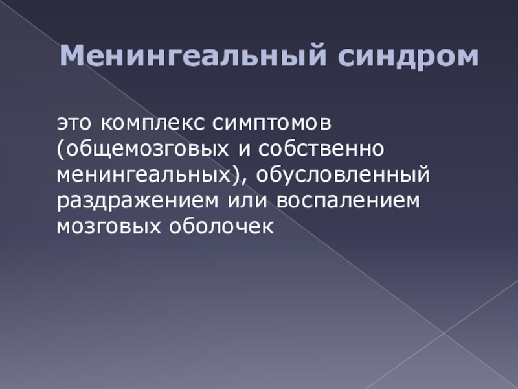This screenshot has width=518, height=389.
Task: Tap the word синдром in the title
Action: (x=408, y=57)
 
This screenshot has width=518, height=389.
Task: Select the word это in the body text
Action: (x=74, y=123)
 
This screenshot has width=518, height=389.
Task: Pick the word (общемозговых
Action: (x=142, y=150)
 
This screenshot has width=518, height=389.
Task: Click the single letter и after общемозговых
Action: (x=243, y=150)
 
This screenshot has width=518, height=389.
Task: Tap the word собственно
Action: (x=321, y=149)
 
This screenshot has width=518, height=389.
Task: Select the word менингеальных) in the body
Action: (x=148, y=174)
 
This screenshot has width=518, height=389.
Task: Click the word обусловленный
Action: (x=343, y=174)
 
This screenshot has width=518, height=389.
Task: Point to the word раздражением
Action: (x=137, y=201)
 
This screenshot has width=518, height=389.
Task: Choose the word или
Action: (x=247, y=201)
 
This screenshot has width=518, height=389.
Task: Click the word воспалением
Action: (x=348, y=201)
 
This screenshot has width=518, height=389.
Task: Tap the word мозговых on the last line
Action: (x=109, y=226)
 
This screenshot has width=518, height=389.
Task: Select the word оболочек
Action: (x=221, y=226)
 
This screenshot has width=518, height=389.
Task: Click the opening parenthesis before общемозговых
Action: (x=60, y=150)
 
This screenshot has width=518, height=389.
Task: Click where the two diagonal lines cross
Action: (x=444, y=333)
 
